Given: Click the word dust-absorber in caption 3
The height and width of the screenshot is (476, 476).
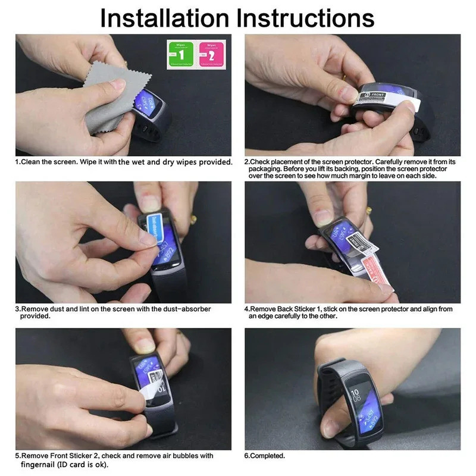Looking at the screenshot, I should pyautogui.click(x=173, y=309).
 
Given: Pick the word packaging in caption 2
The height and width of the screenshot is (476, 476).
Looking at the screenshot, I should pyautogui.click(x=265, y=169).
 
